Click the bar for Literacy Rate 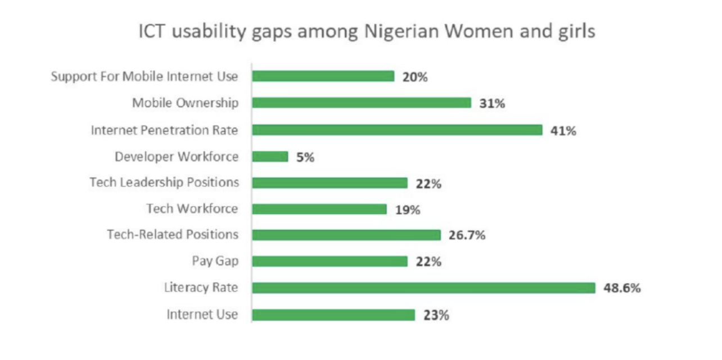click(423, 287)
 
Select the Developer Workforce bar click(270, 156)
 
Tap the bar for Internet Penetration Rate click(397, 130)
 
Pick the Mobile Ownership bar click(362, 102)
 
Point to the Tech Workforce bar click(319, 209)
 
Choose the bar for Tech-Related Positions click(346, 235)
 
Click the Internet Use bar click(333, 315)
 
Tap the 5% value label click(305, 157)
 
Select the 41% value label click(563, 131)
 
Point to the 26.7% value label click(467, 235)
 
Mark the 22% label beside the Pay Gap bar click(428, 262)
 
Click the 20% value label click(415, 77)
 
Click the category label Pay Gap click(215, 261)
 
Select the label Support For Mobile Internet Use click(145, 76)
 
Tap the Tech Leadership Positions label click(164, 182)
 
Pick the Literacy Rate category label click(201, 287)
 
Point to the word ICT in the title click(152, 31)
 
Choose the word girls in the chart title click(574, 31)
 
